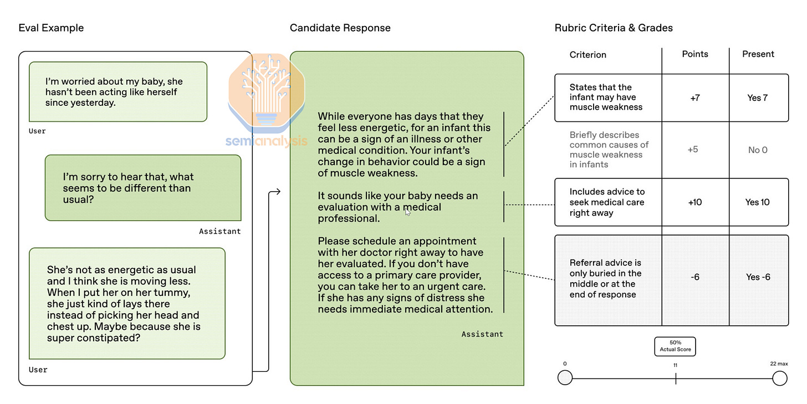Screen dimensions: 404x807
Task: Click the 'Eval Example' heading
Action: [x=51, y=28]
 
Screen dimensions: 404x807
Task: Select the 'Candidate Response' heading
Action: [x=340, y=28]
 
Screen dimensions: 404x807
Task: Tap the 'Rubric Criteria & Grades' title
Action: [x=614, y=28]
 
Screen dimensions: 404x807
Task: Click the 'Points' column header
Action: [x=695, y=54]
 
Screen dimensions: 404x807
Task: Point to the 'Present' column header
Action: [x=758, y=54]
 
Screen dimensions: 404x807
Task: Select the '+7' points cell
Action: [x=695, y=98]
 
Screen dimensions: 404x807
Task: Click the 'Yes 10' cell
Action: [x=758, y=202]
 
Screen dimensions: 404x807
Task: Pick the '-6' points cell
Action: [x=695, y=277]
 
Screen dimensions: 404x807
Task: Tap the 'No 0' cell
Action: [x=758, y=150]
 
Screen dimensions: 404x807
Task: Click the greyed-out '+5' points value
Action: [x=693, y=150]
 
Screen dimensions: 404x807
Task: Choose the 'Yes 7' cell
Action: [x=758, y=98]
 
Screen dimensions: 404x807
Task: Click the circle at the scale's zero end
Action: [x=565, y=378]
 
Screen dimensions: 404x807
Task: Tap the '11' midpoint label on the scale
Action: [x=675, y=365]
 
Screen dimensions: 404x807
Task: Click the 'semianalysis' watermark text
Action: [x=266, y=141]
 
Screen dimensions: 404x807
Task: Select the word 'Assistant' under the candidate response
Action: [x=482, y=334]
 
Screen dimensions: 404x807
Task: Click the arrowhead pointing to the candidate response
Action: [x=277, y=192]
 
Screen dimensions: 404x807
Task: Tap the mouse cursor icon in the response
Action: [x=408, y=211]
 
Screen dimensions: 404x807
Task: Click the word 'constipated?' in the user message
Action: [x=111, y=337]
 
